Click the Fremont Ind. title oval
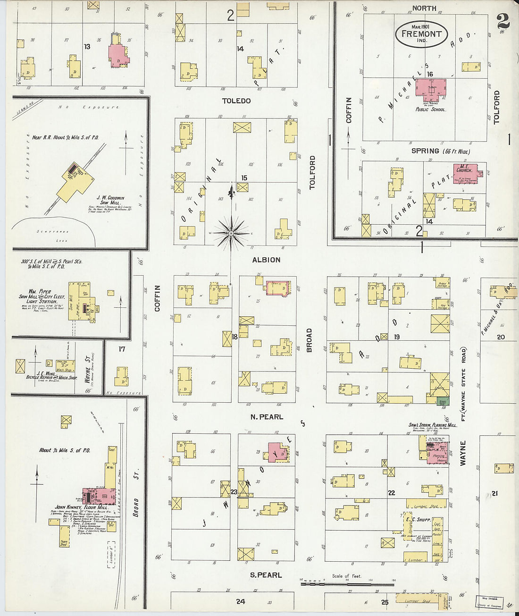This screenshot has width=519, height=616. (421, 34)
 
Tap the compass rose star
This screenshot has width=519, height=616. (231, 233)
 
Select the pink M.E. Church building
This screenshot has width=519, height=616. (465, 173)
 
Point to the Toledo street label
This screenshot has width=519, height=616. (236, 101)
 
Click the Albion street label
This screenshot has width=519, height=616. (266, 260)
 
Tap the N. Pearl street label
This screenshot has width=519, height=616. (267, 417)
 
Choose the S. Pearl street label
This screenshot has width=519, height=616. (266, 575)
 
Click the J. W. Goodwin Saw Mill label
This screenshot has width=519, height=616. (110, 200)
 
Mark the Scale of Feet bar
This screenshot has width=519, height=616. (347, 584)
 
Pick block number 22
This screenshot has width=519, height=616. (391, 493)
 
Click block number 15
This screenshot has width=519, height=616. (244, 178)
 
